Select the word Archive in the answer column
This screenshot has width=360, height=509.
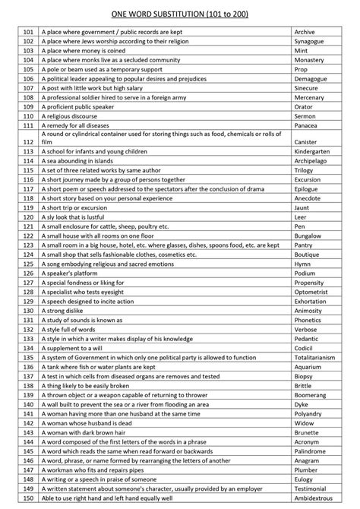pyautogui.click(x=305, y=33)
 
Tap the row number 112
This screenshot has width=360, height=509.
pyautogui.click(x=28, y=141)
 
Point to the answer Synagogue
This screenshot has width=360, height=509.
pyautogui.click(x=309, y=41)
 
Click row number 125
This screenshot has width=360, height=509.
pyautogui.click(x=28, y=264)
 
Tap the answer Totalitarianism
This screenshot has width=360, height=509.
pyautogui.click(x=317, y=356)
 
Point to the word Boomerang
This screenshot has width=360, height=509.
pyautogui.click(x=311, y=395)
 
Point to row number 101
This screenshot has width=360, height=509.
pyautogui.click(x=28, y=33)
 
